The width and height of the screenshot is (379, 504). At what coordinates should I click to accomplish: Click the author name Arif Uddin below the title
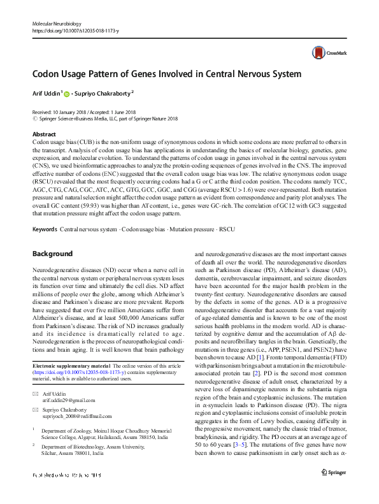[x=46, y=93]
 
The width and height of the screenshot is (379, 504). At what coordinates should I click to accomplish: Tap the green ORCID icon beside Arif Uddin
[x=67, y=94]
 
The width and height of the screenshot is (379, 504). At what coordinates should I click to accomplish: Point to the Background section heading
[x=52, y=254]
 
